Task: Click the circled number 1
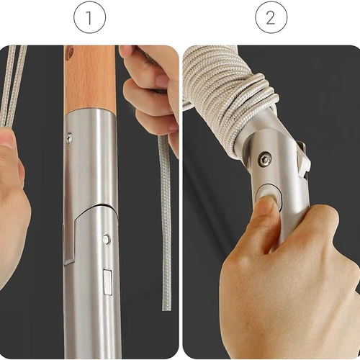pos(89,17)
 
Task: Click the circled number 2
pos(271,17)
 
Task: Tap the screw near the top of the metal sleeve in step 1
pos(69,138)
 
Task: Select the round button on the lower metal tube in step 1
pos(106,239)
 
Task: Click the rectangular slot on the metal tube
pos(107,282)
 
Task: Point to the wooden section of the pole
pos(90,78)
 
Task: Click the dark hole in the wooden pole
pos(70,52)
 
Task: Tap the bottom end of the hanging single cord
pos(167,309)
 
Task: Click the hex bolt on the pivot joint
pos(265,158)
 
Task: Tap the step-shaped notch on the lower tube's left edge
pos(70,240)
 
